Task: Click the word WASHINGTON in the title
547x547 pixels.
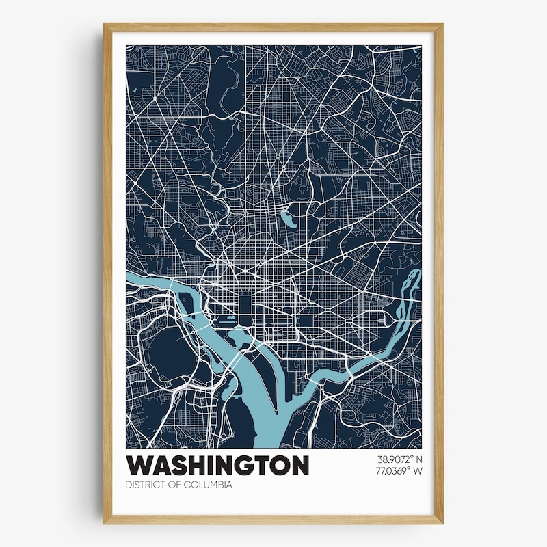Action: pyautogui.click(x=217, y=466)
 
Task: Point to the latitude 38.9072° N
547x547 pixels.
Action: pyautogui.click(x=399, y=459)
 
